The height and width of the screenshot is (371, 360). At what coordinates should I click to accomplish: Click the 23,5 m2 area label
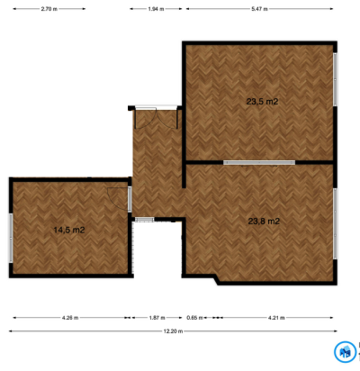coord(262,102)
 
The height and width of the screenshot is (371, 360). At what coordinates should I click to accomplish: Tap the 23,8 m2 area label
coord(264,222)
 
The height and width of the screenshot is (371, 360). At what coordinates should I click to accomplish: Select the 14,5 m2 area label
coord(69,230)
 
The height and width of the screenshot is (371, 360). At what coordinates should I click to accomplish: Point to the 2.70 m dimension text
coord(49,9)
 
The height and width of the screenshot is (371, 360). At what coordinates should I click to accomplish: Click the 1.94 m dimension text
coord(156,9)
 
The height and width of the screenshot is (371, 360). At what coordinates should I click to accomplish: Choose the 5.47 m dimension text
coord(260,9)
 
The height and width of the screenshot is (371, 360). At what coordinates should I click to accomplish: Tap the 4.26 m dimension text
coord(70,318)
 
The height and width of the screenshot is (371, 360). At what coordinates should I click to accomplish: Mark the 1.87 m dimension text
coord(157,318)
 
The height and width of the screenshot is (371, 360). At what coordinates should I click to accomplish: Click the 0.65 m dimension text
coord(194,318)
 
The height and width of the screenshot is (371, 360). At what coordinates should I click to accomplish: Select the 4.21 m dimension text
coord(276,318)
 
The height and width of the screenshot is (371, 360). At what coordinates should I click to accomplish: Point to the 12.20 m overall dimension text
coord(173,331)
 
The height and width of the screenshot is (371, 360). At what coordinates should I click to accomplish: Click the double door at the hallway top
coord(156,118)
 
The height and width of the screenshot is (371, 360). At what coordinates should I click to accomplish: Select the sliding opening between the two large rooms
coord(259,163)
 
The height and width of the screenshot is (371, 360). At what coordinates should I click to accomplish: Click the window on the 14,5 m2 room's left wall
coord(11,238)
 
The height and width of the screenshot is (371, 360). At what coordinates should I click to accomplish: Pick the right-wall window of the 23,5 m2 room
coord(335,79)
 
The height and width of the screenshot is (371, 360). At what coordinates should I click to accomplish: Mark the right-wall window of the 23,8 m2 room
coord(335,224)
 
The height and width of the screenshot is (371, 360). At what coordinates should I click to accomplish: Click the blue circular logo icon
coord(346,352)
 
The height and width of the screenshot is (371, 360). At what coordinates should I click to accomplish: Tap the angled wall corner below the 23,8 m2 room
coord(216,280)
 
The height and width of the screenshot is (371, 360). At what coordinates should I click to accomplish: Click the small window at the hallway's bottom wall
coord(144,220)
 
